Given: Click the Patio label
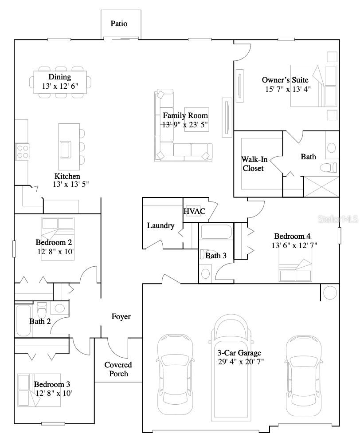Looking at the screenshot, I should (x=119, y=24).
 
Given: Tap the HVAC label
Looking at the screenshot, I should (x=195, y=211).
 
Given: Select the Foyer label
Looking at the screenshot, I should (x=121, y=316).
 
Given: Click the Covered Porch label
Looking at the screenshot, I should (x=118, y=369).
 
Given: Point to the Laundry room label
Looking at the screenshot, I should (x=160, y=225).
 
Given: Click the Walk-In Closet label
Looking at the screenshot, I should (x=253, y=164).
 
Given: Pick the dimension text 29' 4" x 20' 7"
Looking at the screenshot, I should (x=239, y=361).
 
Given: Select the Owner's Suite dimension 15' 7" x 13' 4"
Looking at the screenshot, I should (x=288, y=88).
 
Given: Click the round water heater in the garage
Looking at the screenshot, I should (x=329, y=293).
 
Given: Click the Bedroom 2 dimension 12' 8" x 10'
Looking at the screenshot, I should (x=55, y=252).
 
